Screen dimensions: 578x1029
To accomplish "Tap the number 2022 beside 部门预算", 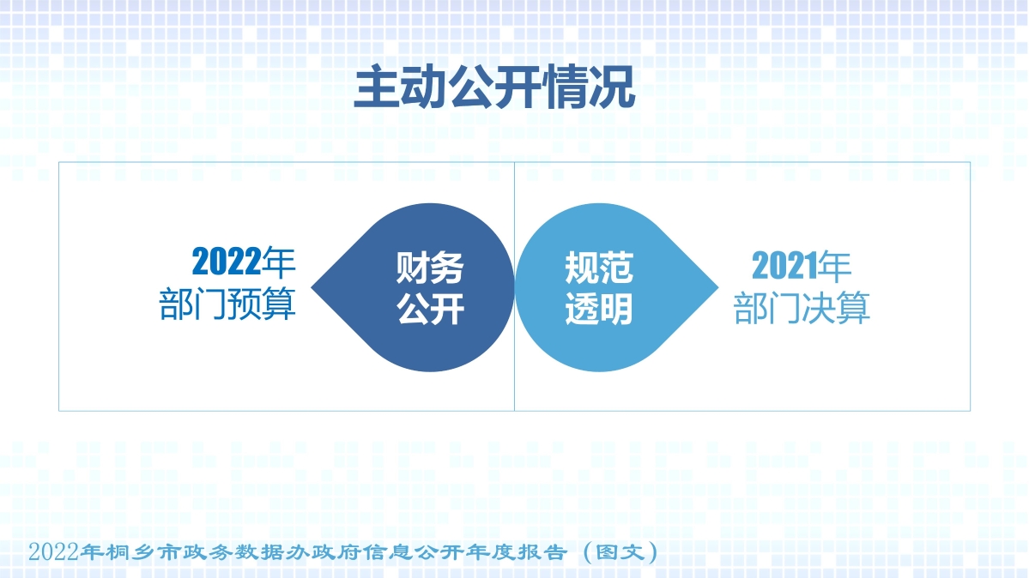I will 226,262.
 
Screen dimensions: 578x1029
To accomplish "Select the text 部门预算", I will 227,304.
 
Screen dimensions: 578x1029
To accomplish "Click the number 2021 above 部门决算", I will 784,267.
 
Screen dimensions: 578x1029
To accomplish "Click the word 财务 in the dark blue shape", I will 430,268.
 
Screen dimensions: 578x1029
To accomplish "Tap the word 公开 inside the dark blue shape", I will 430,310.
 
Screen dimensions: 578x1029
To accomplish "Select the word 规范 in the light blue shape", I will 599,268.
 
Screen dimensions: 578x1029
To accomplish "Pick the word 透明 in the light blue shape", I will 599,310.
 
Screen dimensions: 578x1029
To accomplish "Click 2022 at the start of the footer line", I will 53,552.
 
